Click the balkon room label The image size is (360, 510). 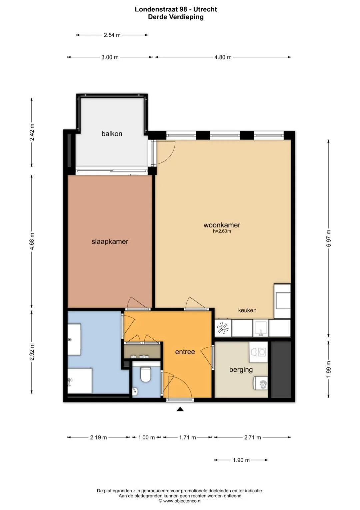coord(112,134)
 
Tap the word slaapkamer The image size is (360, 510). coord(110,241)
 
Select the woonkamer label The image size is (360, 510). coord(222,225)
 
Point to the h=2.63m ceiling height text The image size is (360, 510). coord(222,231)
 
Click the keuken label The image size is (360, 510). coord(247,310)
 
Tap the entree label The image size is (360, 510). coord(185,352)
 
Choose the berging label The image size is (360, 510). coord(241,369)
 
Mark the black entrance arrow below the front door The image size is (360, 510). coord(180,409)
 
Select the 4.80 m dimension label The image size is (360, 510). coord(223,57)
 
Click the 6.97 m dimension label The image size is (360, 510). coord(329,238)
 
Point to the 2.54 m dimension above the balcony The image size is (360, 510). coord(112,35)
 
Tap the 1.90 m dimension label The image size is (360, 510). coord(241,460)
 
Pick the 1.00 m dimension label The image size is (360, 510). coord(146,438)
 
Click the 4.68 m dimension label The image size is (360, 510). coord(32,241)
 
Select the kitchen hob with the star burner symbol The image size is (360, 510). coord(223,328)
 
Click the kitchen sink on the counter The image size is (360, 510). coord(261,328)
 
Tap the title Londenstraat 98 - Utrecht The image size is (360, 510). coord(176,9)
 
